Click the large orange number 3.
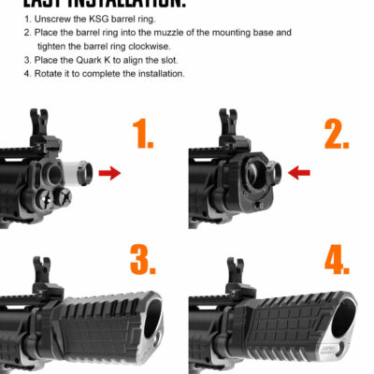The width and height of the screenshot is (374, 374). (x=141, y=258)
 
